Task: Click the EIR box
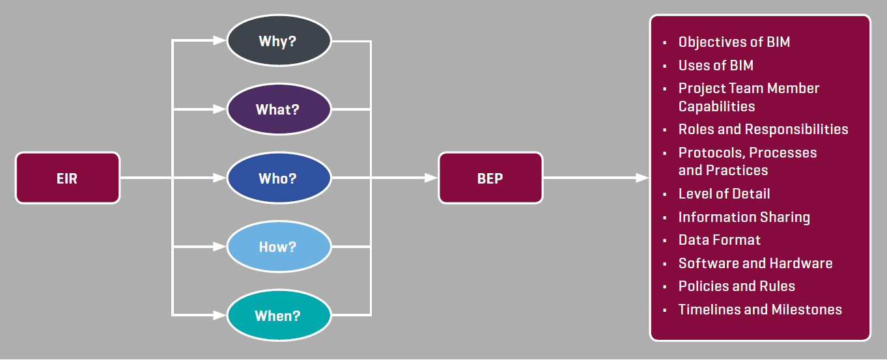(x=68, y=178)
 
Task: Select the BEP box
(x=490, y=178)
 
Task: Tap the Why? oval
(x=279, y=41)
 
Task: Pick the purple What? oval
(x=279, y=109)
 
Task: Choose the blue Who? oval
(x=279, y=178)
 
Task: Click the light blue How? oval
(x=279, y=247)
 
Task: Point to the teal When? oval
(x=279, y=316)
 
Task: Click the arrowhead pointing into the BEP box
(x=430, y=178)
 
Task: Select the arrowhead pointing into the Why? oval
(x=219, y=41)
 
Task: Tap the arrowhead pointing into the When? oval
(x=219, y=316)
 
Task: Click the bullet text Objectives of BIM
(x=734, y=42)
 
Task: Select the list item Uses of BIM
(x=716, y=65)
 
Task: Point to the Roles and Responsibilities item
(x=763, y=129)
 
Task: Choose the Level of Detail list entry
(x=724, y=193)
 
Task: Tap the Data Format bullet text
(x=720, y=240)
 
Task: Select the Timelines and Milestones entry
(x=760, y=309)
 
